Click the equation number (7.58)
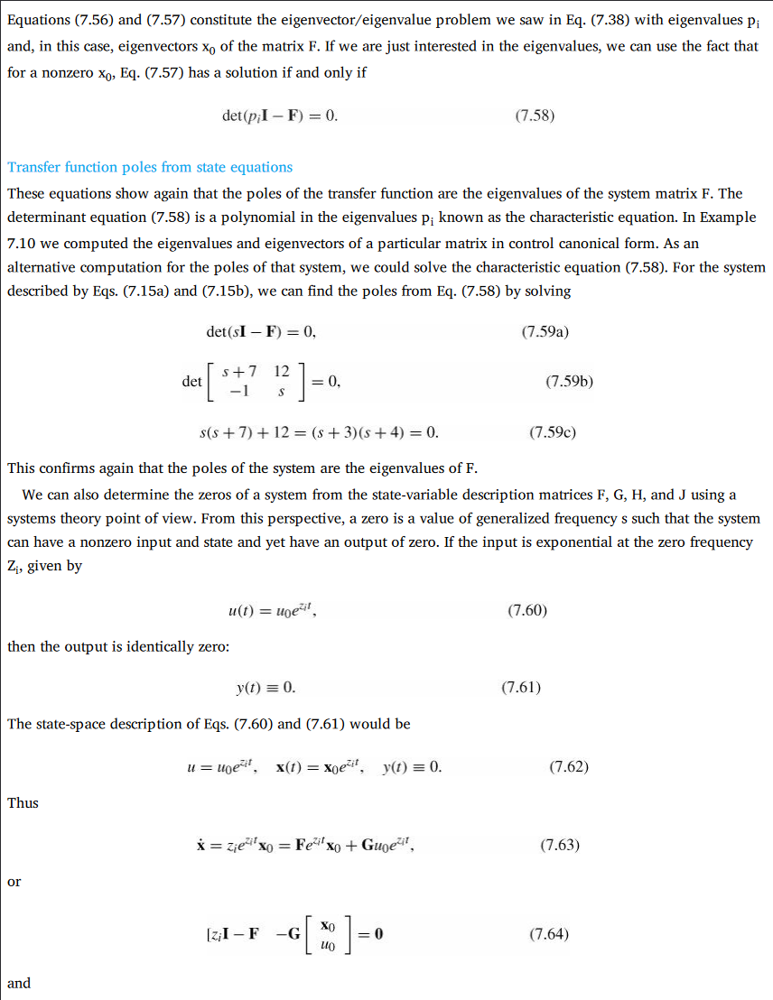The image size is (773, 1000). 534,116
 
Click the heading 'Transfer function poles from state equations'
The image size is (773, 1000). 150,167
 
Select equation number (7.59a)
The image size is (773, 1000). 545,332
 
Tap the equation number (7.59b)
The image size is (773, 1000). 569,382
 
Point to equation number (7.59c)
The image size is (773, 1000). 553,432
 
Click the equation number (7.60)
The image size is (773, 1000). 527,610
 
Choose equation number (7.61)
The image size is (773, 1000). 521,688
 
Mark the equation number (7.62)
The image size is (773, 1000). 569,767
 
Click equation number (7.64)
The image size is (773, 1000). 549,934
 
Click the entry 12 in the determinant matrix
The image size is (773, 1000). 281,371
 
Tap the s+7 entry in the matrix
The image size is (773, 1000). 239,371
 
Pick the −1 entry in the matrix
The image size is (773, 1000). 239,392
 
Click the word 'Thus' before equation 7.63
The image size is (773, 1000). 23,802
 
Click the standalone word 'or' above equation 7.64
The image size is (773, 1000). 14,882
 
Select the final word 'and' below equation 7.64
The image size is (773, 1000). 18,983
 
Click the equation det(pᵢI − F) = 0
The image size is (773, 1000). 279,116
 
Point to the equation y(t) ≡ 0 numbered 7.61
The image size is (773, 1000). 265,689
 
